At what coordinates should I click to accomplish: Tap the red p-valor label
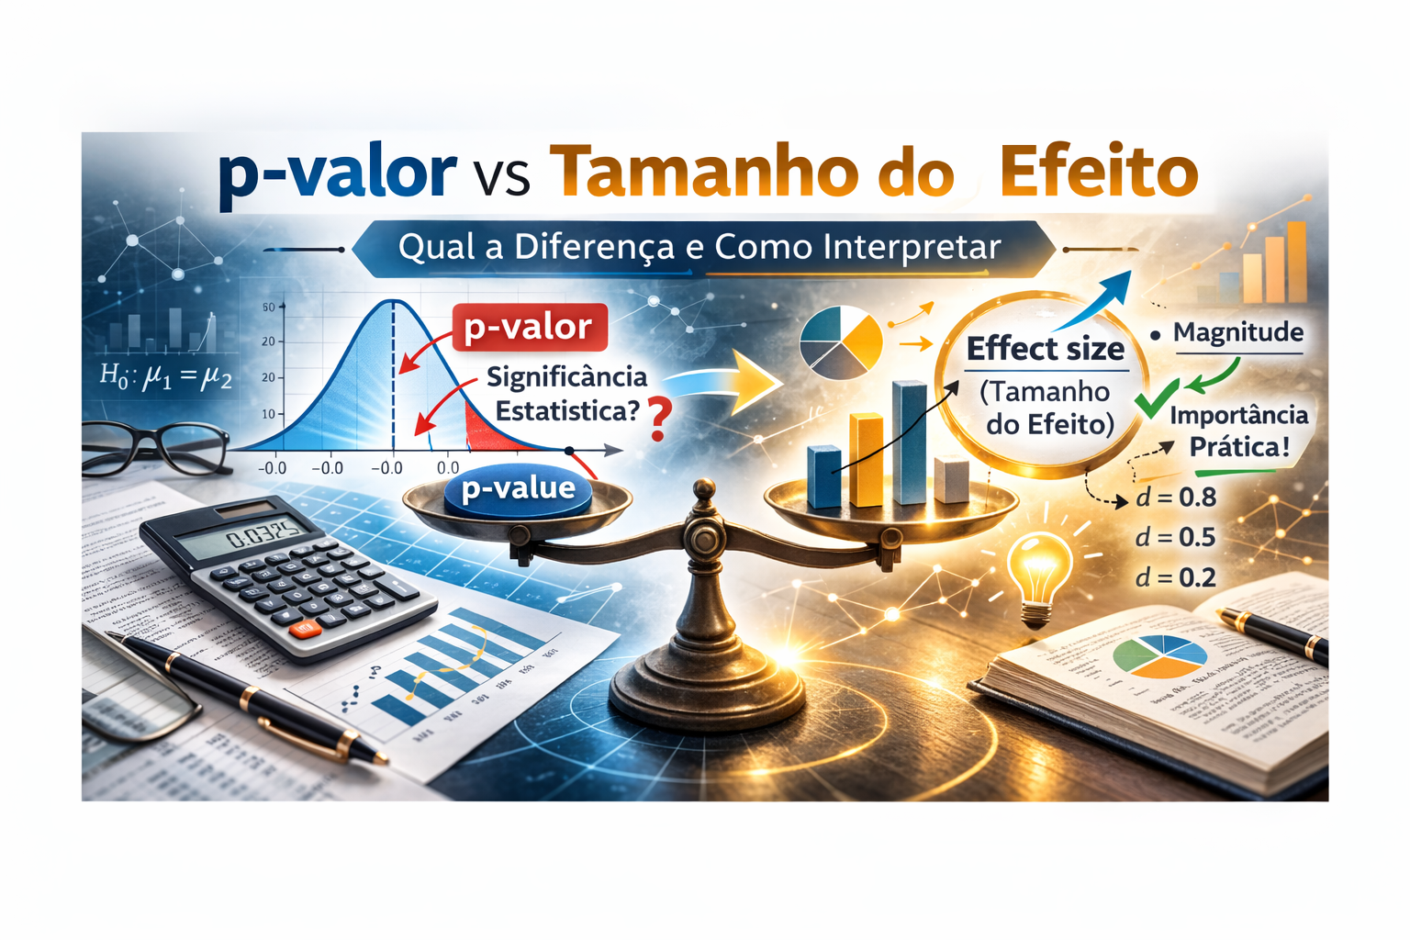(x=529, y=327)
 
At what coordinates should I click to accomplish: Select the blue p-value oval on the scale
(x=519, y=488)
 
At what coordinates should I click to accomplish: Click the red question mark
(x=658, y=419)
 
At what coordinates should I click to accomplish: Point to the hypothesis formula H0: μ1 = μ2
(x=165, y=376)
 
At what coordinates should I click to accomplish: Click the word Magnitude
(x=1237, y=332)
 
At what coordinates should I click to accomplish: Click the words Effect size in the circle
(x=1045, y=350)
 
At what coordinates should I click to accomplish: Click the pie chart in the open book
(x=1159, y=655)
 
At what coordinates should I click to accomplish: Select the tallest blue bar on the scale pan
(x=909, y=442)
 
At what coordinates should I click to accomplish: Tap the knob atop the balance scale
(x=704, y=490)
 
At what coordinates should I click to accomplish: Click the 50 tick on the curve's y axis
(x=268, y=307)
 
